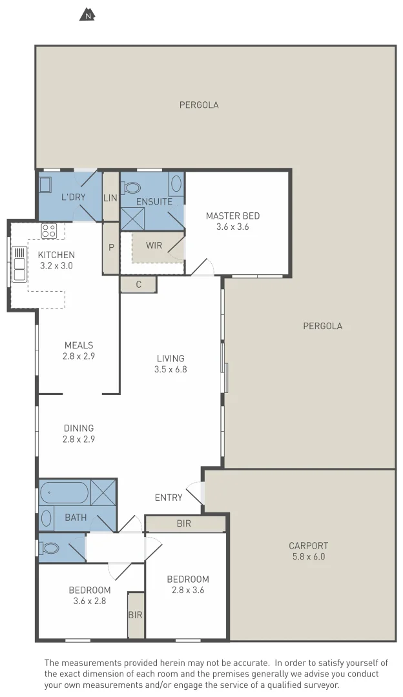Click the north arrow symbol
click(x=87, y=14)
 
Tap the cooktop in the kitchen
click(x=49, y=230)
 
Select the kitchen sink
click(x=19, y=263)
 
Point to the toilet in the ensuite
click(x=132, y=188)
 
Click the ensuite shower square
click(x=133, y=219)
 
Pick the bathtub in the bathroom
click(x=63, y=494)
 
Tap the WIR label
click(x=154, y=245)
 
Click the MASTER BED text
click(x=232, y=216)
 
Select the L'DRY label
click(x=73, y=196)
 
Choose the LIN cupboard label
click(x=110, y=197)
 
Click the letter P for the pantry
click(x=111, y=247)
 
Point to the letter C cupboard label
click(x=138, y=284)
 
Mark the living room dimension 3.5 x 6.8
click(x=170, y=370)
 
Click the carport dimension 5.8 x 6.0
click(x=308, y=556)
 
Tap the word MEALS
click(x=79, y=345)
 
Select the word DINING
click(x=79, y=428)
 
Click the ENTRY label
click(x=169, y=498)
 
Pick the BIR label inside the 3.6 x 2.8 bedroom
click(x=135, y=615)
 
